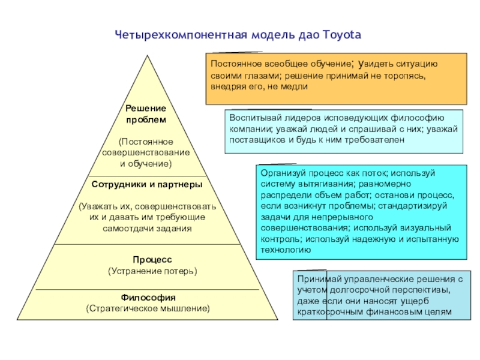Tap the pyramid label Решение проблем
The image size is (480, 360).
point(146,113)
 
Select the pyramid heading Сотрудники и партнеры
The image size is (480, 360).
point(146,184)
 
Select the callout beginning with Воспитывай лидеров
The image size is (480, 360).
point(344,131)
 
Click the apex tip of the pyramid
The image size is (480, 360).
point(146,55)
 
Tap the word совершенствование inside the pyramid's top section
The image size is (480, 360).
point(146,152)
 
